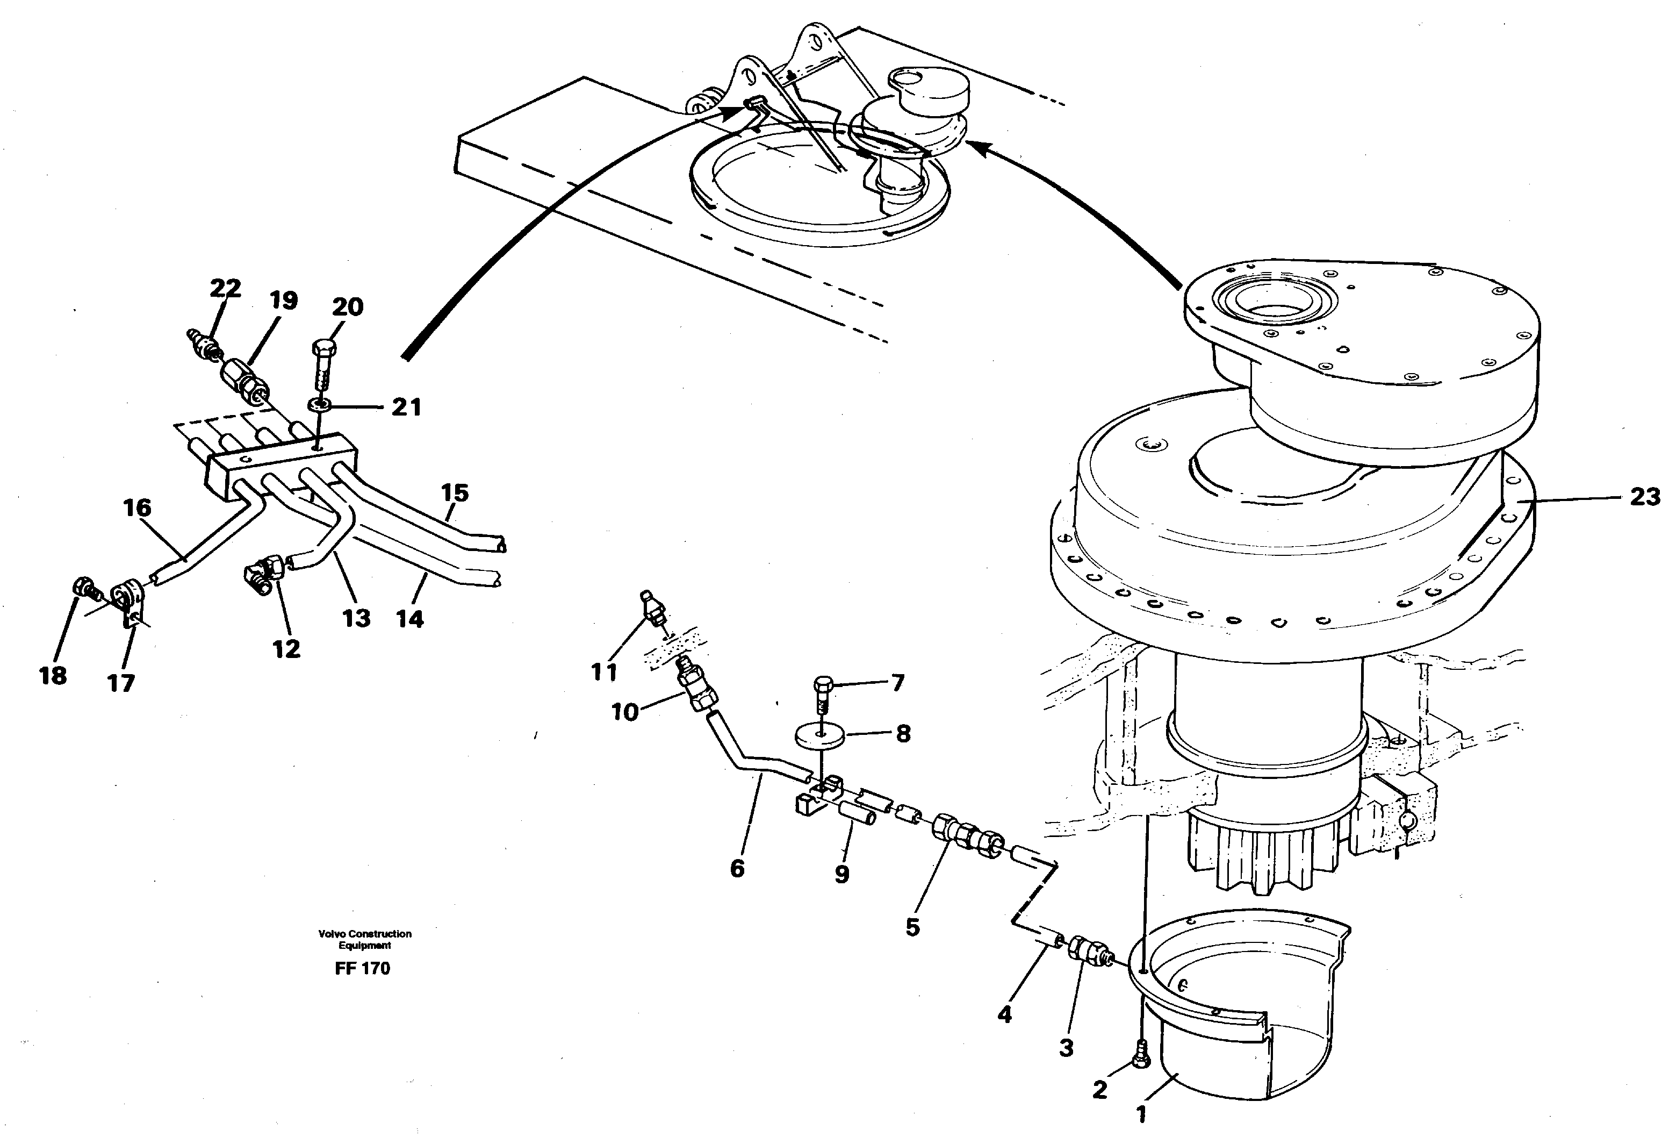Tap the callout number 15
pos(455,493)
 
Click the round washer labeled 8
pos(820,735)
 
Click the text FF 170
pos(362,968)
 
